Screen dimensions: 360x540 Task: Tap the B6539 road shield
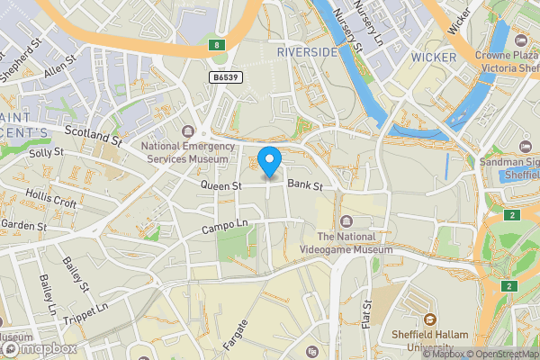point(227,78)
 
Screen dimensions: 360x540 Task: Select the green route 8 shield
point(216,44)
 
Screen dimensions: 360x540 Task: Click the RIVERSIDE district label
point(307,53)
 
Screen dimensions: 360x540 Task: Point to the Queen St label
point(221,185)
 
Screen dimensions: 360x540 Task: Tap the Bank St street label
point(305,185)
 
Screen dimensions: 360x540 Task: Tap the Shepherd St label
point(24,59)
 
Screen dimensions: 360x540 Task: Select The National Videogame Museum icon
point(346,222)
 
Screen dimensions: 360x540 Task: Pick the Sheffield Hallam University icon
point(429,319)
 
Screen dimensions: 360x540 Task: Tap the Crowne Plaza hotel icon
point(521,40)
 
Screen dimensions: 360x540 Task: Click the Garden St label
point(23,225)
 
